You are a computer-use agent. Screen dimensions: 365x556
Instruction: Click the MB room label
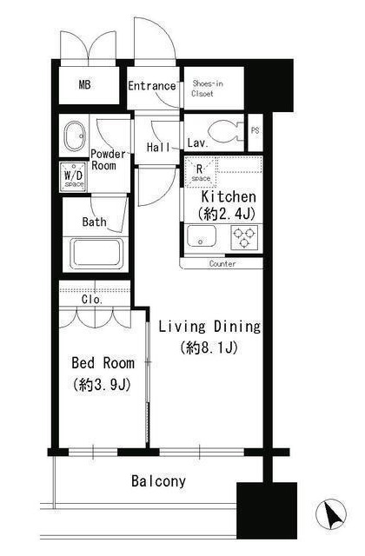point(85,85)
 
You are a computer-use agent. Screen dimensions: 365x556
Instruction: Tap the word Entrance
point(152,86)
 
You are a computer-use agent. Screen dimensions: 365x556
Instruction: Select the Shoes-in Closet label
point(207,89)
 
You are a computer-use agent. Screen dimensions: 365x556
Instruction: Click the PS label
point(255,130)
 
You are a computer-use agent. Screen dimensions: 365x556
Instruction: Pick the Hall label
point(158,147)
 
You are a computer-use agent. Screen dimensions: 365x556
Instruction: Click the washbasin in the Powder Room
point(74,136)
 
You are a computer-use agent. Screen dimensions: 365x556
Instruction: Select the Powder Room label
point(108,160)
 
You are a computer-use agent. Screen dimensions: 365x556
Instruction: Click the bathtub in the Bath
point(96,254)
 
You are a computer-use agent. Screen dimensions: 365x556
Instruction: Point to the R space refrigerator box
point(201,172)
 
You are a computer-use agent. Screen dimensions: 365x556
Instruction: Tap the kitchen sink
point(201,235)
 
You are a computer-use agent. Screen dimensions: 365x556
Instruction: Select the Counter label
point(222,264)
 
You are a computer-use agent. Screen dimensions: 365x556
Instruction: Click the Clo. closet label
point(92,300)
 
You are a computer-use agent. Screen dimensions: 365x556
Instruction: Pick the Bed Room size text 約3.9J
point(102,385)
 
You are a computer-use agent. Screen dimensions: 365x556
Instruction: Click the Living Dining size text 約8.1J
point(209,347)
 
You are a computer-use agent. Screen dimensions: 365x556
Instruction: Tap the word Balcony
point(158,481)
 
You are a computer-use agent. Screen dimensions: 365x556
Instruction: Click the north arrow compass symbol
point(331,513)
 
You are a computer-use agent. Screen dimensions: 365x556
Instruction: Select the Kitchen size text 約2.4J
point(227,214)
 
